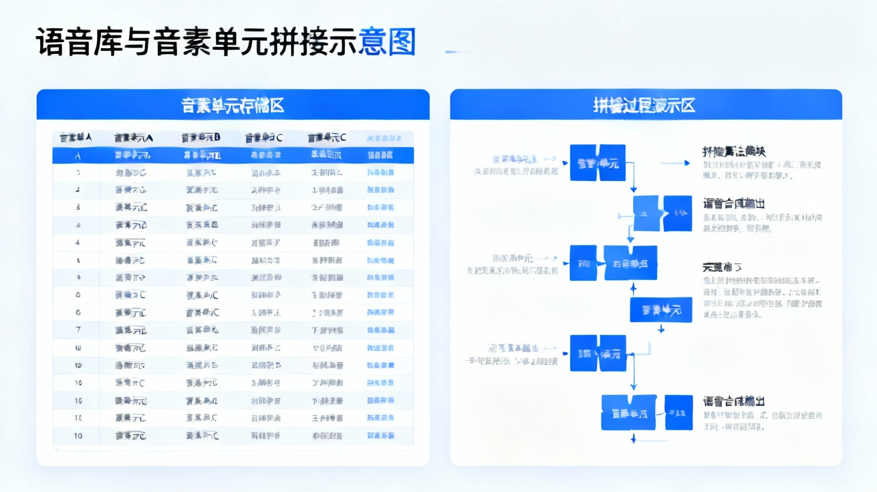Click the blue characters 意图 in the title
(388, 41)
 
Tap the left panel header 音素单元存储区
(233, 105)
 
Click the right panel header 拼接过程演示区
(645, 105)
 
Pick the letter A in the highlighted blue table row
(78, 156)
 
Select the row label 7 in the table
(78, 330)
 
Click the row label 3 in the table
(78, 207)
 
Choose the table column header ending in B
(201, 138)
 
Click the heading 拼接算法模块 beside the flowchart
(734, 152)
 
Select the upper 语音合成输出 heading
(734, 203)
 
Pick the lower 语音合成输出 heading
(734, 401)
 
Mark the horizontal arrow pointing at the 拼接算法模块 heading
(674, 162)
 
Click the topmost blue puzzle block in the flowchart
(598, 162)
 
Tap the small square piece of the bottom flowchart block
(678, 412)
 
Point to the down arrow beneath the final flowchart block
(632, 439)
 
